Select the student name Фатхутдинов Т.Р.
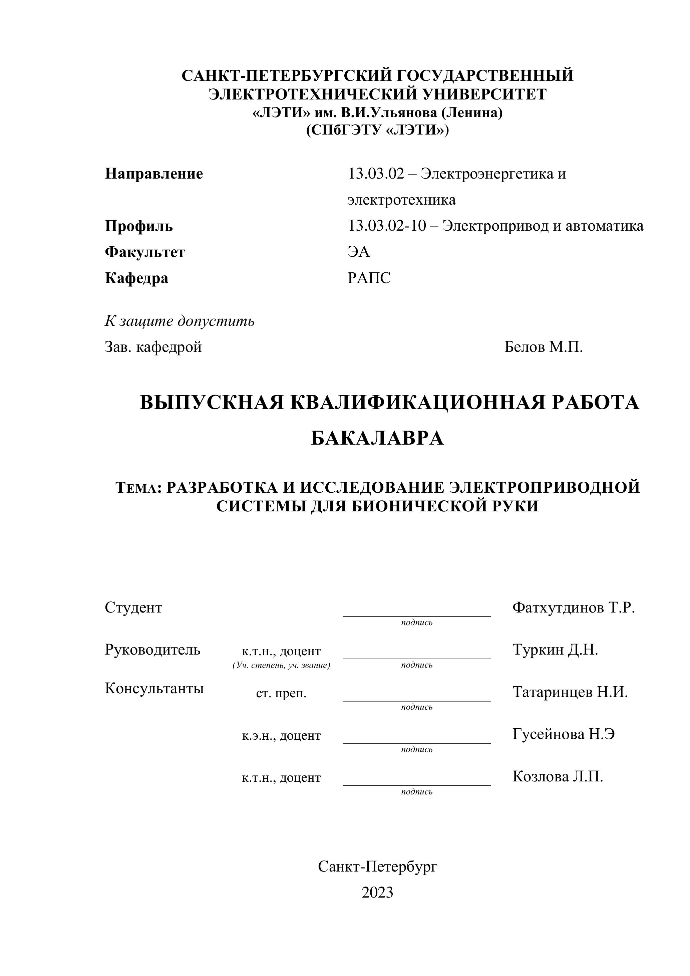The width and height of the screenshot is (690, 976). [574, 607]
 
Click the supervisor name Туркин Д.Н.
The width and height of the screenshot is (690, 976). [555, 650]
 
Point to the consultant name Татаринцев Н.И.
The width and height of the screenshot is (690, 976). [570, 692]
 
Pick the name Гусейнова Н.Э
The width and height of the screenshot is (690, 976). [564, 734]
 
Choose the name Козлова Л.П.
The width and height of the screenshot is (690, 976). [558, 777]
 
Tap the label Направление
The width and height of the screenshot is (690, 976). [154, 174]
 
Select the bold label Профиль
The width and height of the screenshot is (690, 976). [139, 226]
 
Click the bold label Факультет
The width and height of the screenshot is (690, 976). [145, 252]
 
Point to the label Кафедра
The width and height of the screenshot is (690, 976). [136, 278]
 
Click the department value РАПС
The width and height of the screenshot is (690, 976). [369, 278]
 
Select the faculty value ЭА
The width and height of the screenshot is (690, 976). [359, 252]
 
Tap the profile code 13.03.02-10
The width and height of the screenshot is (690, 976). [387, 226]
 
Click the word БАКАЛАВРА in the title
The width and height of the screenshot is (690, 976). [377, 438]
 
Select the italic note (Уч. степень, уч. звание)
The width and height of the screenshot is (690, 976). [281, 665]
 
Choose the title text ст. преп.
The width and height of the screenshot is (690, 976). [281, 694]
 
